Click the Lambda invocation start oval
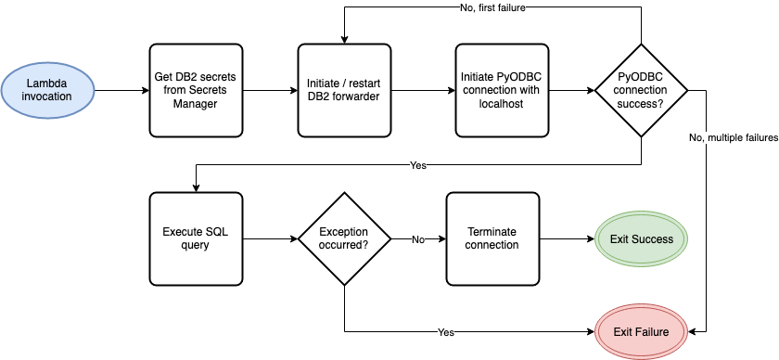pos(48,91)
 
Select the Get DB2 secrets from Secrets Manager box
pos(195,90)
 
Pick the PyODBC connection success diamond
pos(641,90)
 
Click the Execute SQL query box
pos(195,238)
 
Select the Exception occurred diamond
pos(344,238)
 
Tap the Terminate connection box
pos(492,238)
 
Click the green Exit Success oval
pos(641,238)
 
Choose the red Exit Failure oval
pos(641,330)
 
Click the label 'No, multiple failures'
pos(733,137)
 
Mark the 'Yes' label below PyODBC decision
pos(418,165)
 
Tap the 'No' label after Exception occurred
pos(417,238)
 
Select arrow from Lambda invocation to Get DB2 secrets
pos(121,91)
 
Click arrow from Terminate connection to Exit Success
pos(567,238)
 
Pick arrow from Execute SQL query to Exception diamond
pos(269,238)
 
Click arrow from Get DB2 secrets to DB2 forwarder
pos(269,91)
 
